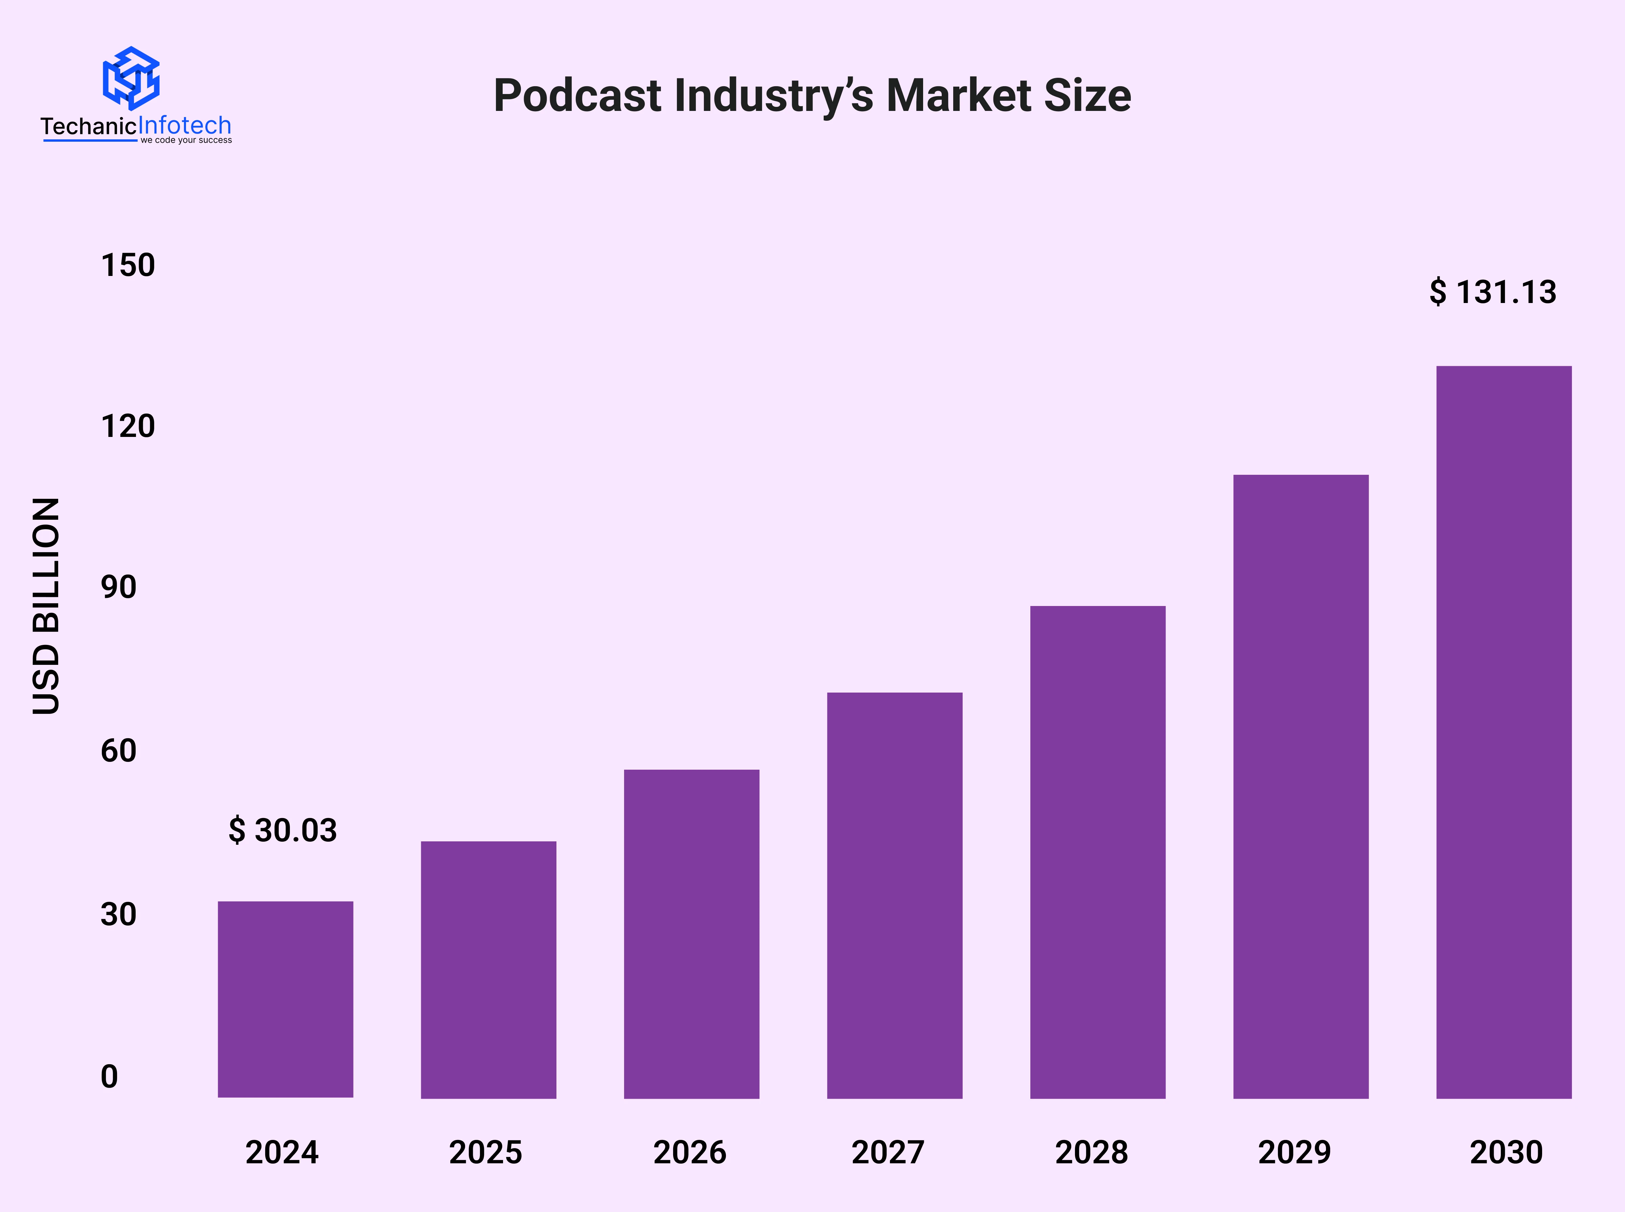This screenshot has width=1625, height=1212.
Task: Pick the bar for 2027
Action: click(x=894, y=895)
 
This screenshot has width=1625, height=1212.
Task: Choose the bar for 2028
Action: click(x=1098, y=852)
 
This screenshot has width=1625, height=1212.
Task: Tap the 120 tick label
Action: click(x=128, y=426)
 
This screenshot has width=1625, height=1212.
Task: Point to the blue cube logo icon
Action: click(x=131, y=78)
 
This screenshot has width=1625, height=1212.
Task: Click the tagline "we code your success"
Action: click(x=186, y=140)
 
